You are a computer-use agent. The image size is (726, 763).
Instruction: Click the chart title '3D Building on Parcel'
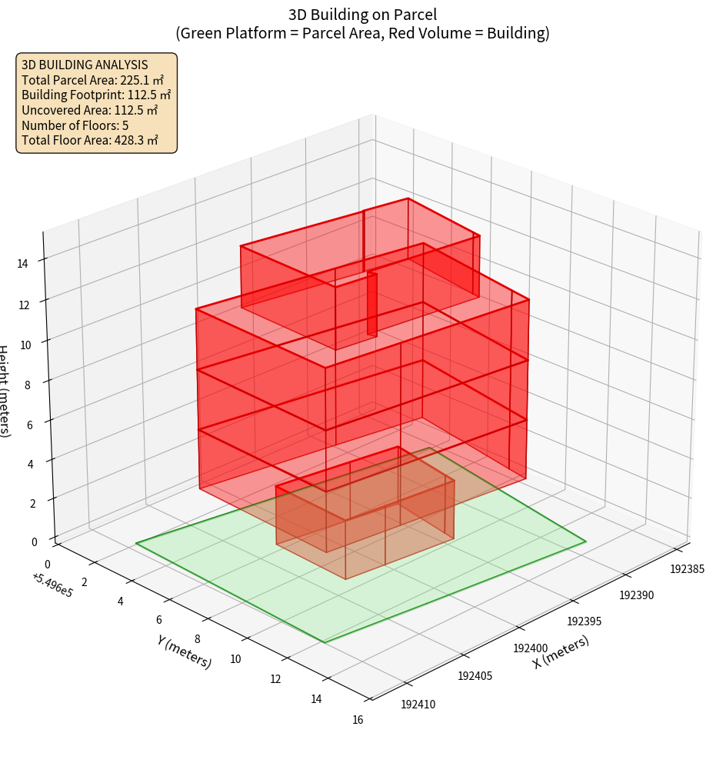tap(362, 14)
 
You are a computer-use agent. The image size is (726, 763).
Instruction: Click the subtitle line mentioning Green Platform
tap(362, 33)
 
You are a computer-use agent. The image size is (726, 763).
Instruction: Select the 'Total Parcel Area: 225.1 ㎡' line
tap(92, 79)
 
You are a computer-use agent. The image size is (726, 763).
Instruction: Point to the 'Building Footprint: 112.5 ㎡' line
tap(96, 95)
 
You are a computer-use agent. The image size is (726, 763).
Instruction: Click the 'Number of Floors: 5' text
tap(75, 125)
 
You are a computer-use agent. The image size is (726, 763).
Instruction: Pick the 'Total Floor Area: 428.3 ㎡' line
tap(90, 140)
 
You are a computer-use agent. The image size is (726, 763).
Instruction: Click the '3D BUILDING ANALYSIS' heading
tap(85, 65)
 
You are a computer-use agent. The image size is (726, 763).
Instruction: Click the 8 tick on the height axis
tap(27, 383)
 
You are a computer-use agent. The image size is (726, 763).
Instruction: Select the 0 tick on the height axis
tap(34, 541)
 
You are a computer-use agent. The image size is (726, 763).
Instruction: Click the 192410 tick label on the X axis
tap(418, 703)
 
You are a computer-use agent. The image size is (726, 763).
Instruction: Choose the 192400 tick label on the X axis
tap(531, 648)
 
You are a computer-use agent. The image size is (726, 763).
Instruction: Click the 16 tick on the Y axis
tap(358, 720)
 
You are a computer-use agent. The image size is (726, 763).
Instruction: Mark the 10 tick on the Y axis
tap(235, 658)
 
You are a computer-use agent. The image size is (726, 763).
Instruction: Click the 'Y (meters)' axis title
tap(184, 651)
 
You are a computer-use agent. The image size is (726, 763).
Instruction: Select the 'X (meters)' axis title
tap(561, 651)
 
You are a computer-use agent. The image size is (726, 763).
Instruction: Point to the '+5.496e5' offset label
tap(53, 585)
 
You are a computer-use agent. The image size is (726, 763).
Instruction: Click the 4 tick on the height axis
tap(31, 464)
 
